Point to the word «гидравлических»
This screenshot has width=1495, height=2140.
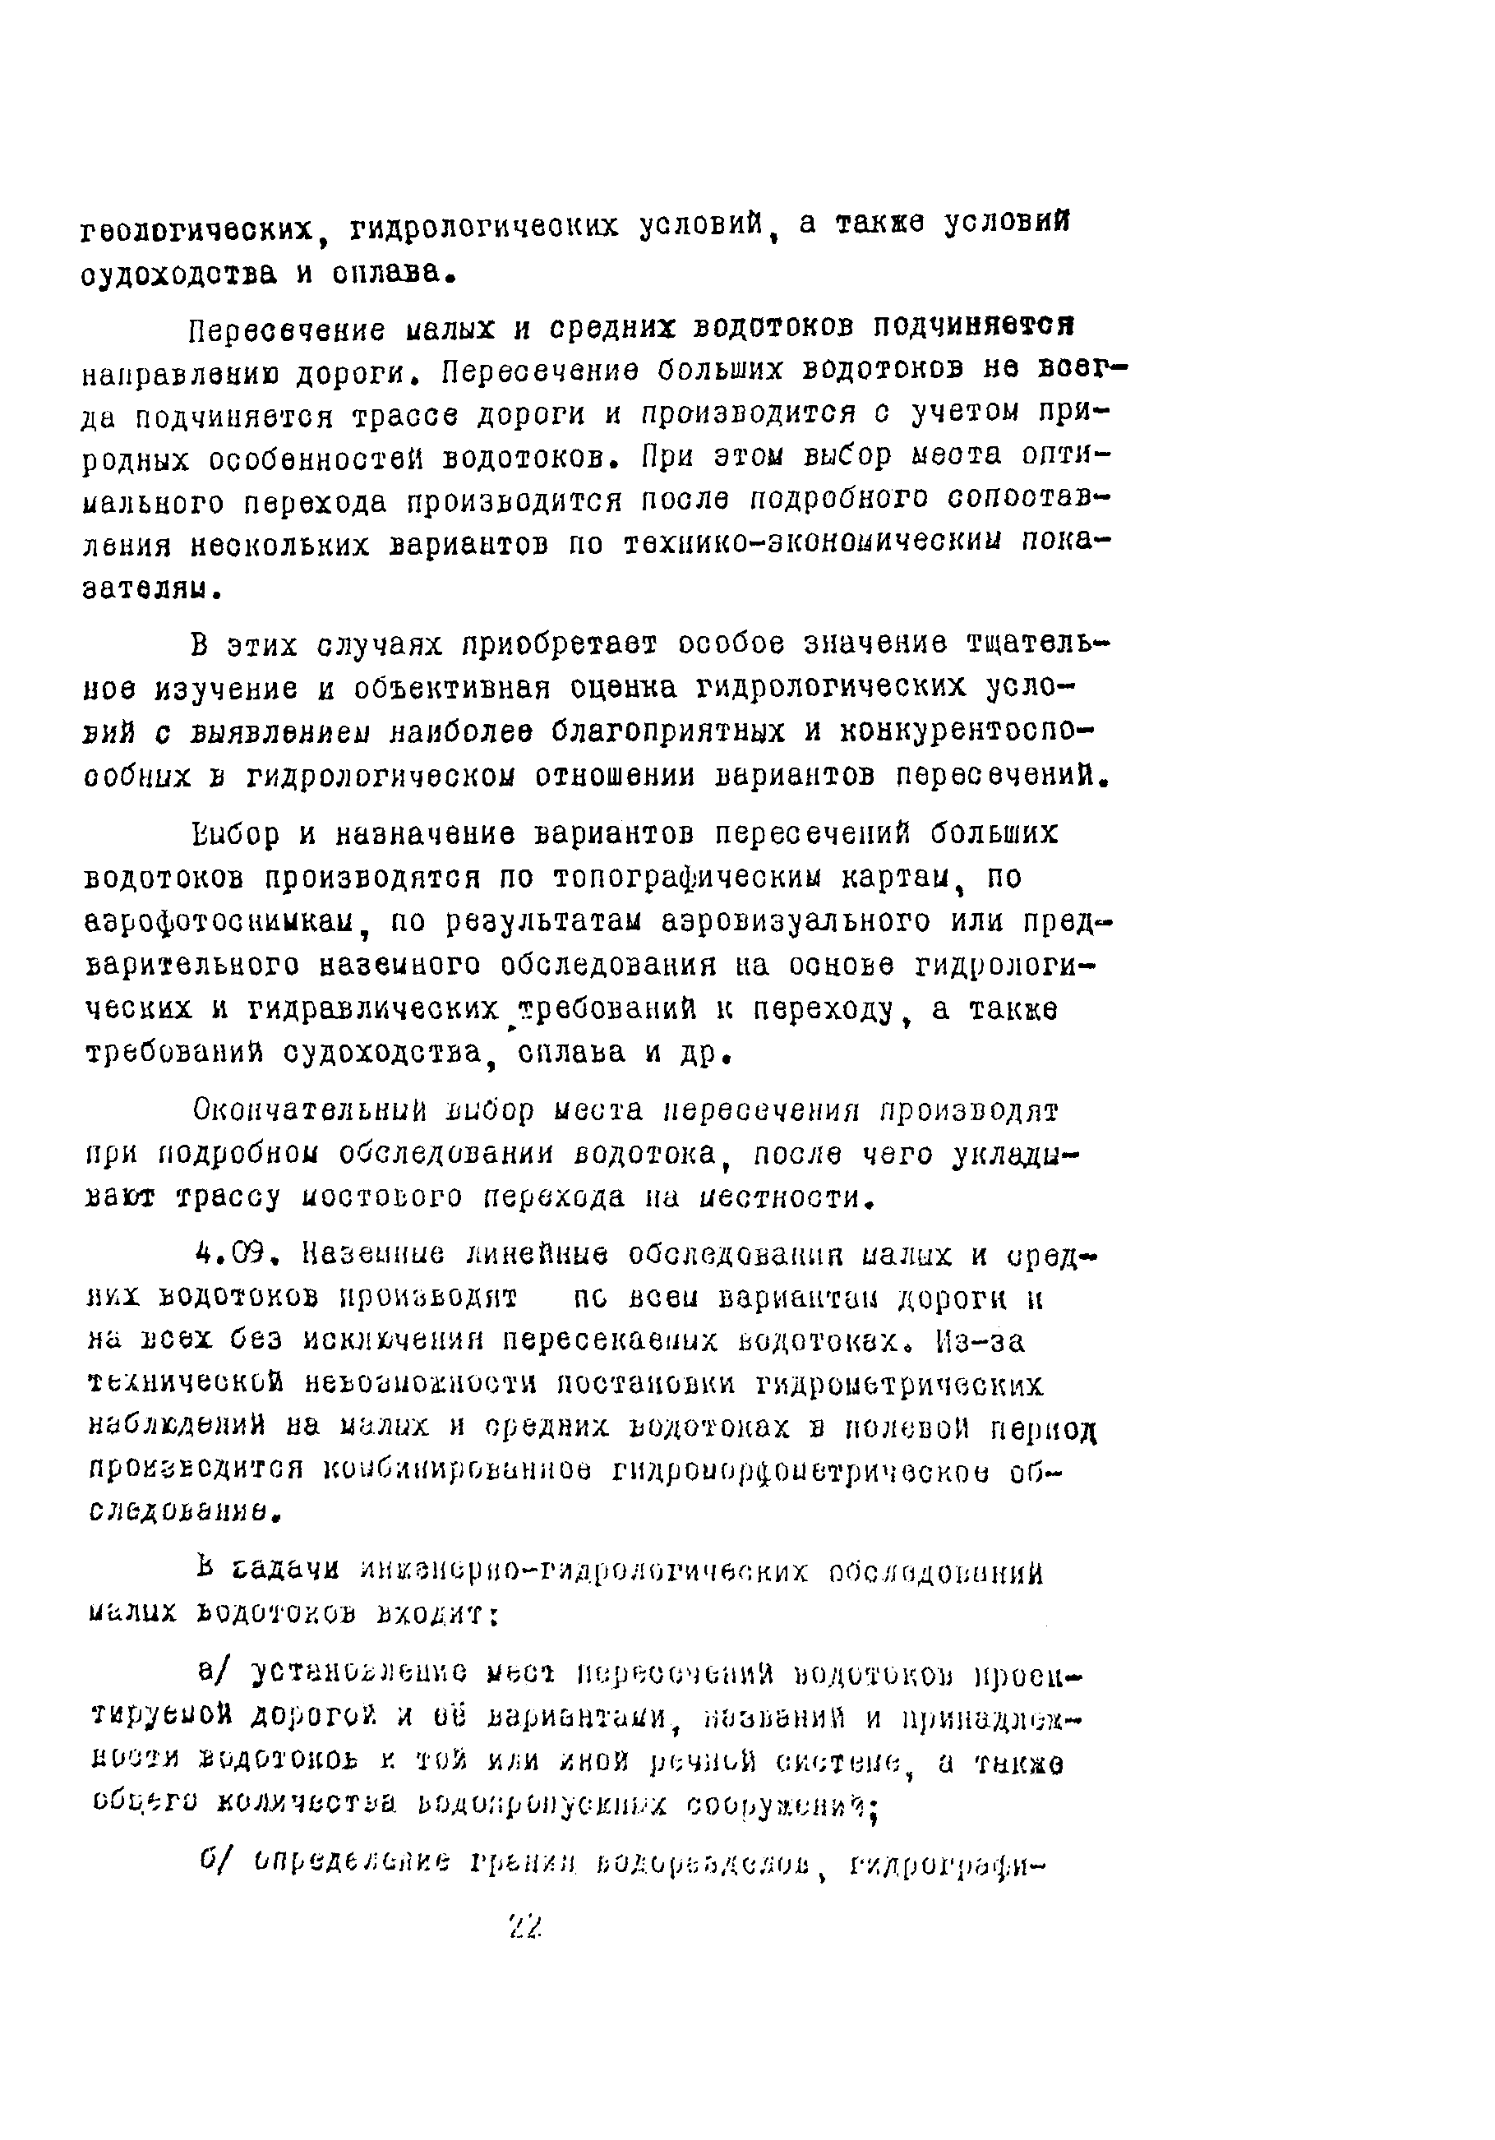(374, 1009)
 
